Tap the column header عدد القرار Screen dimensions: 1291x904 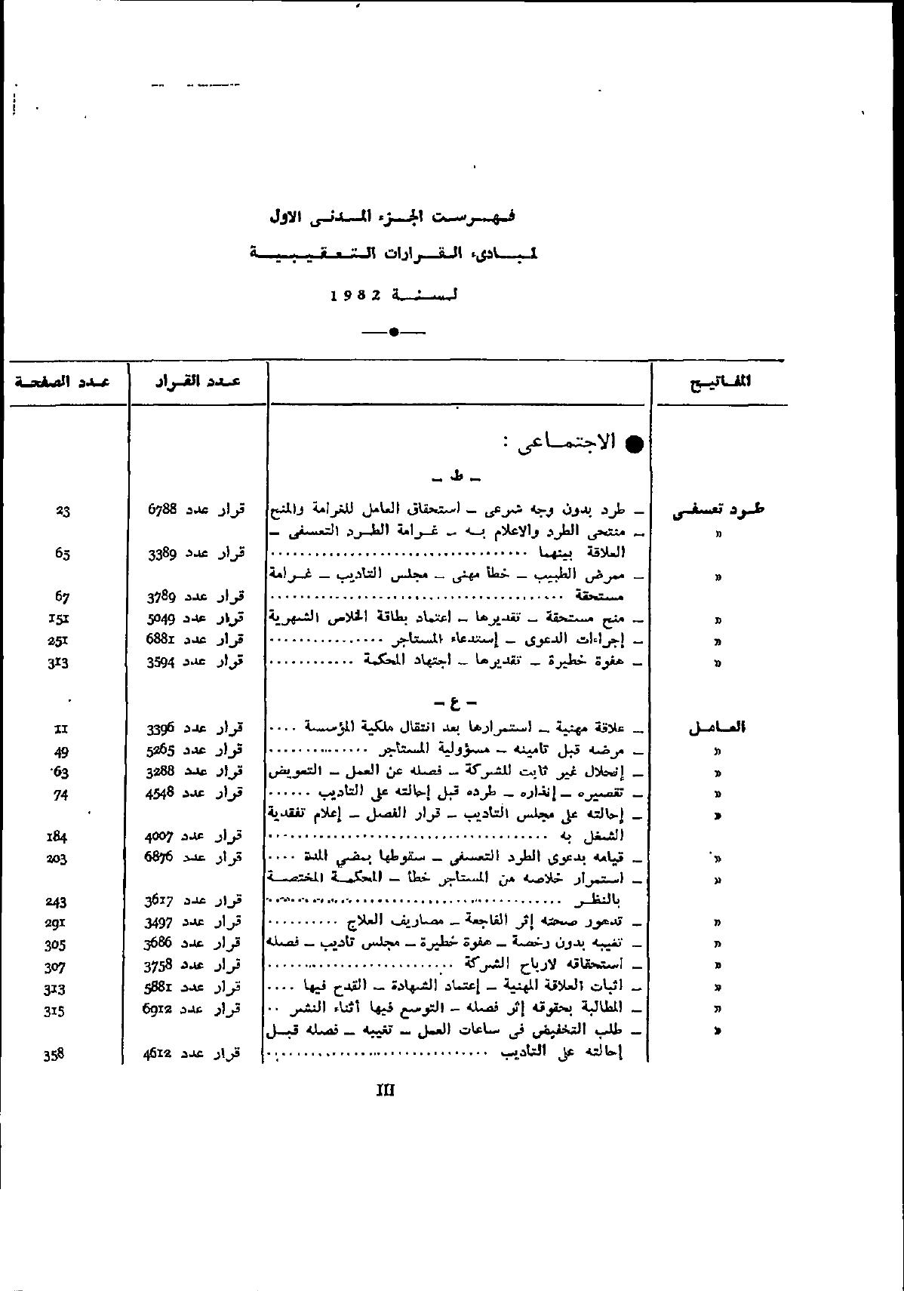tap(198, 381)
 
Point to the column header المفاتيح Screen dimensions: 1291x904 tap(721, 382)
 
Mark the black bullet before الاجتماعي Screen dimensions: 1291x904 tap(635, 444)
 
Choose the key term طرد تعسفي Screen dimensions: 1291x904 tap(718, 511)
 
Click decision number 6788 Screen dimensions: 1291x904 tap(162, 510)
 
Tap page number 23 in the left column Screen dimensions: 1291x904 tap(63, 511)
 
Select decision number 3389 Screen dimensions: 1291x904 tap(162, 553)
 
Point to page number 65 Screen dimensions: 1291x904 tap(63, 553)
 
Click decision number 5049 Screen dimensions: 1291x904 tap(162, 619)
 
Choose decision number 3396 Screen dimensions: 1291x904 tap(161, 729)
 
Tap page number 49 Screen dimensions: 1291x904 tap(63, 751)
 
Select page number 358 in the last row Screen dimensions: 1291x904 tap(54, 1056)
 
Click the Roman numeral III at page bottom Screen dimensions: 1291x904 tap(386, 1090)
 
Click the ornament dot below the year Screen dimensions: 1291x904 tap(393, 332)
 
